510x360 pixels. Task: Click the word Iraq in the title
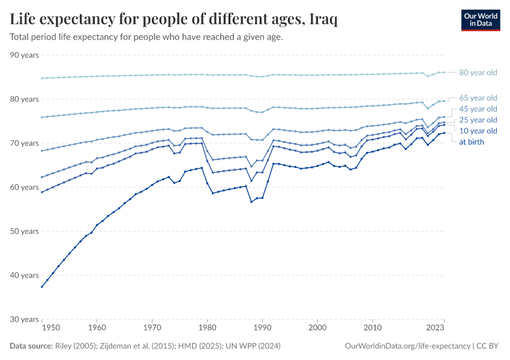click(323, 20)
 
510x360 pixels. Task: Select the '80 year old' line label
click(478, 73)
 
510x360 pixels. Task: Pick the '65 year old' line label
click(478, 98)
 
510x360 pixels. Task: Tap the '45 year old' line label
click(478, 109)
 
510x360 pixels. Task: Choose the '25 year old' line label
click(478, 120)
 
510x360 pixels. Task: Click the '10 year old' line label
click(478, 131)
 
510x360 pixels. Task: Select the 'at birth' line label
click(472, 142)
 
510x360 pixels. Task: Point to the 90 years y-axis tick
click(25, 55)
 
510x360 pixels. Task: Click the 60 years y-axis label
click(25, 187)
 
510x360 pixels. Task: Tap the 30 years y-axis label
click(25, 319)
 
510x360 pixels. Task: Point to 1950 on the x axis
click(51, 328)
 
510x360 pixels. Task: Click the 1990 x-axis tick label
click(262, 328)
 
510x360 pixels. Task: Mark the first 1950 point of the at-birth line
click(41, 287)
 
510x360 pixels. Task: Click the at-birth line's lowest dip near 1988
click(251, 202)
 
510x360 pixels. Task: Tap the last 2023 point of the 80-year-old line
click(444, 72)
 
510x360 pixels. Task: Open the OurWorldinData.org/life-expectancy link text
click(408, 346)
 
